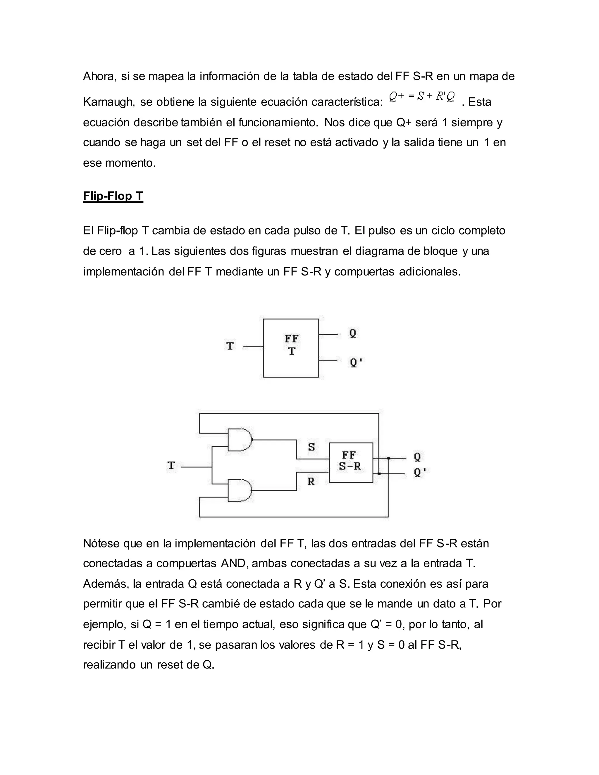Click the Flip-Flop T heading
pyautogui.click(x=113, y=196)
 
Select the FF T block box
pyautogui.click(x=291, y=348)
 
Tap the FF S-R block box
pyautogui.click(x=351, y=462)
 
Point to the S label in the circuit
pyautogui.click(x=311, y=447)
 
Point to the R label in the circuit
pyautogui.click(x=311, y=482)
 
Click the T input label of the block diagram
pyautogui.click(x=230, y=346)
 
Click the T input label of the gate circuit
pyautogui.click(x=171, y=465)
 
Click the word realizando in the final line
pyautogui.click(x=109, y=665)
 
